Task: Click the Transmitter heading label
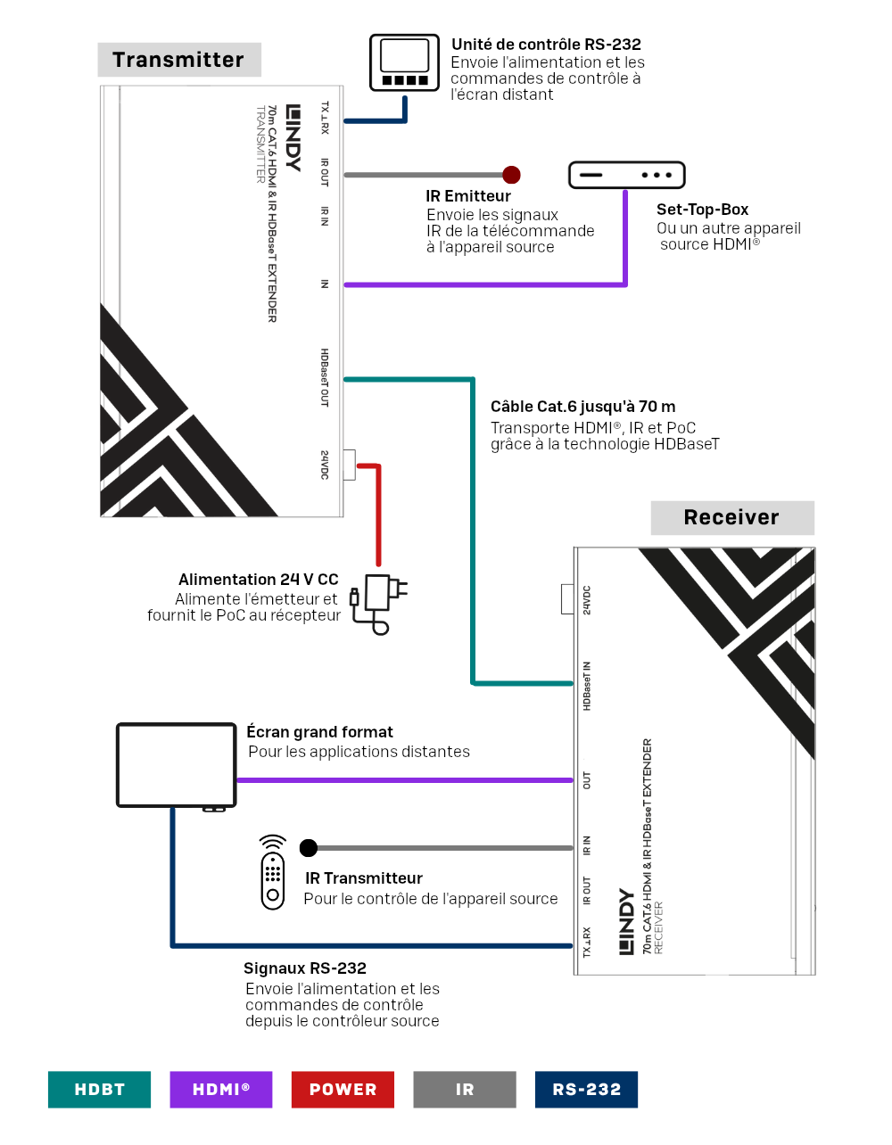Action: (179, 60)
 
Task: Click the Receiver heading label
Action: (732, 517)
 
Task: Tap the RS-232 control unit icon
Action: (404, 62)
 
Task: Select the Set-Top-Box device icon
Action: (626, 175)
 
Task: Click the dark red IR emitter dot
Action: (511, 175)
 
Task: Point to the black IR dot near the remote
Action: (309, 848)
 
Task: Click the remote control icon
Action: (273, 872)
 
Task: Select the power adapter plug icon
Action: (378, 605)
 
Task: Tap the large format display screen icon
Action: (176, 767)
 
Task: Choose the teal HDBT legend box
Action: (99, 1089)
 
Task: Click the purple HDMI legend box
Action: (220, 1089)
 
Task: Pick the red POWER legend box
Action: (343, 1089)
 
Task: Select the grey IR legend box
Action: (464, 1089)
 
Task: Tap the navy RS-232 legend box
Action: (586, 1089)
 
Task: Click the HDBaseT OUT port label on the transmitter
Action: (325, 377)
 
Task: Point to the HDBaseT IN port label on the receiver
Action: (586, 686)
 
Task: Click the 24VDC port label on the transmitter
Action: (325, 465)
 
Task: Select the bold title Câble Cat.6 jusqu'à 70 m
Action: (582, 407)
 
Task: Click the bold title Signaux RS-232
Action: (304, 968)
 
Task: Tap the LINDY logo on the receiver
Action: (626, 921)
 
